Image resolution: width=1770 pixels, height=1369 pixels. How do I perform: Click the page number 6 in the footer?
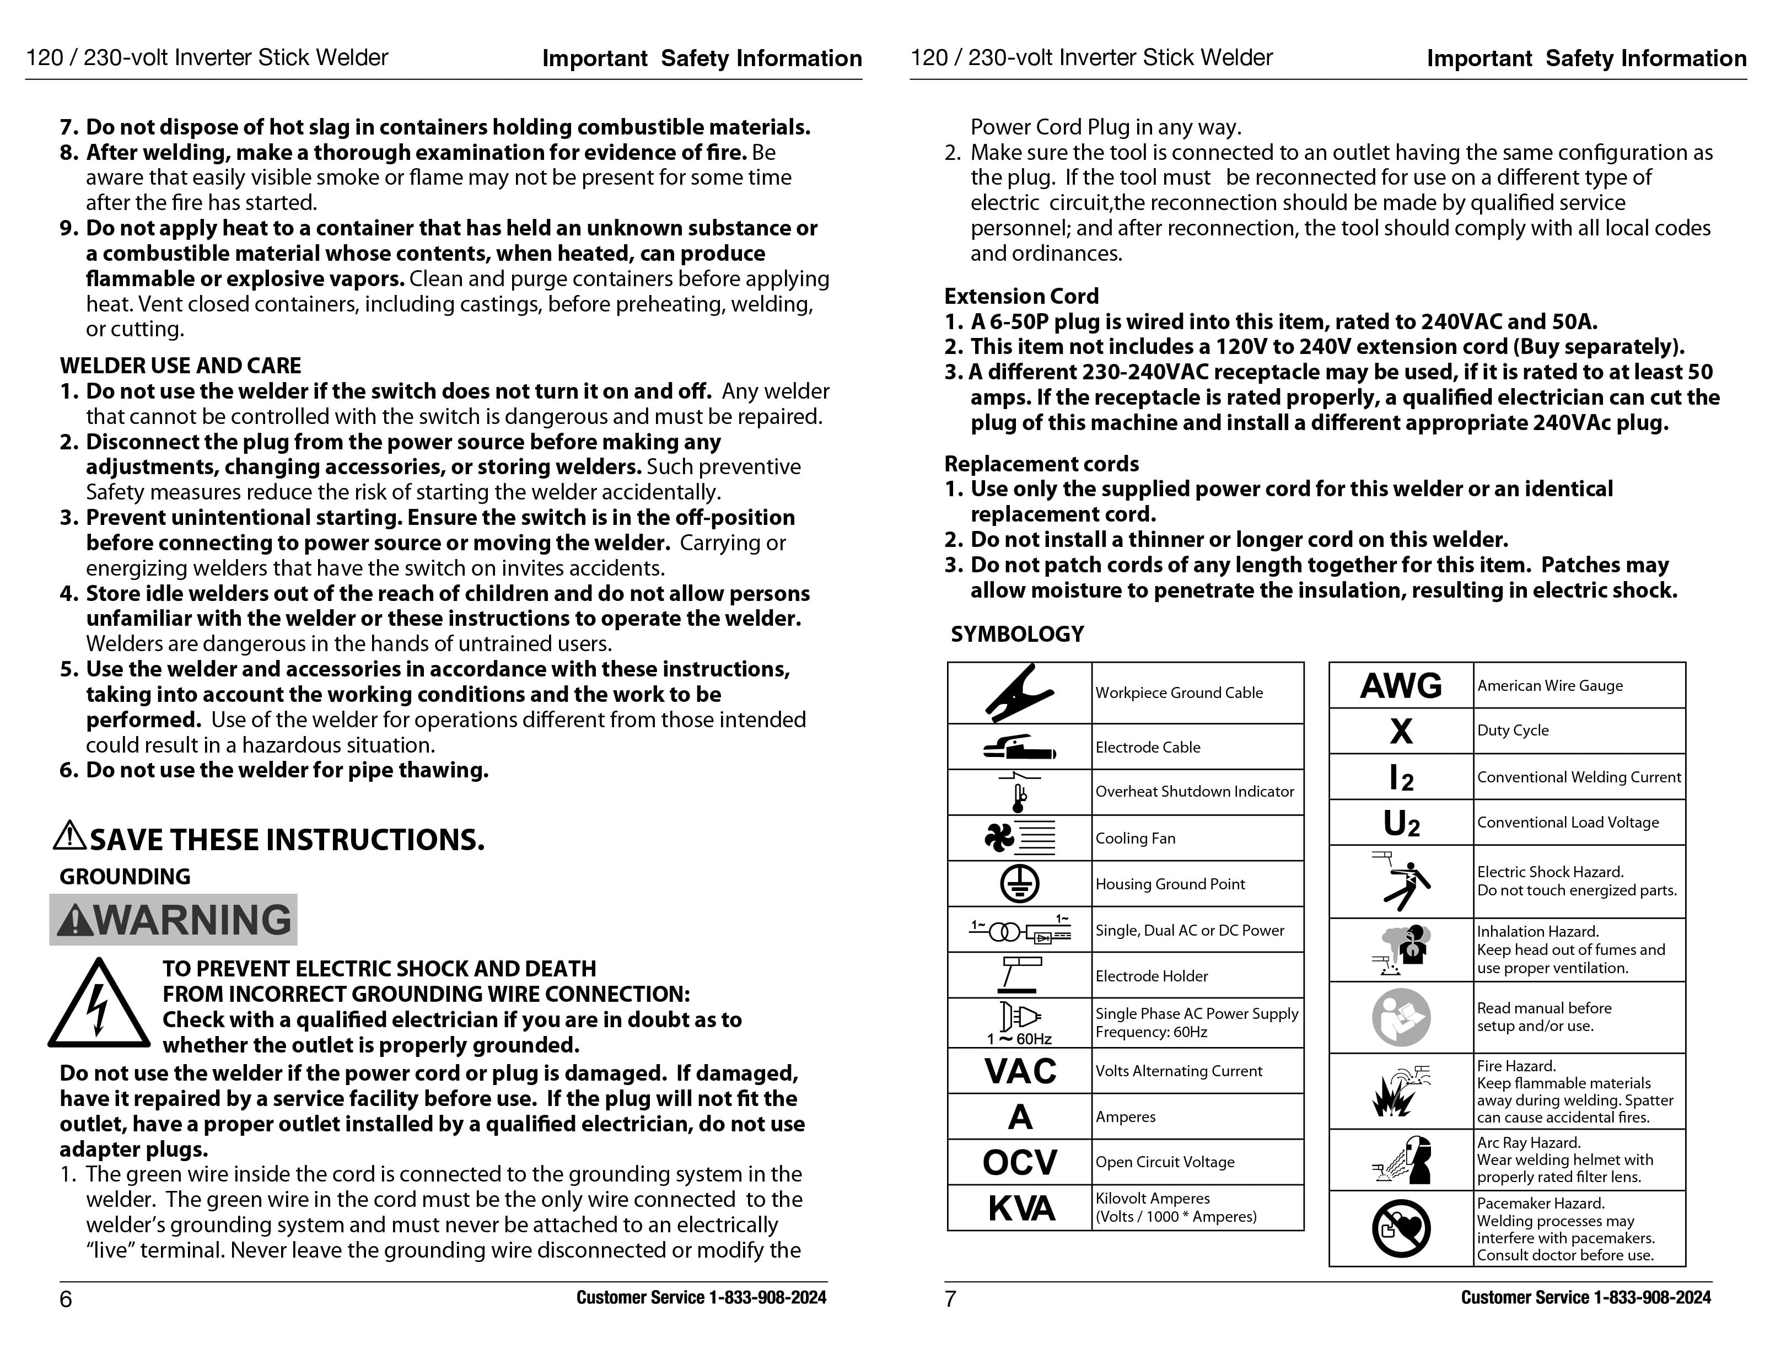click(x=66, y=1300)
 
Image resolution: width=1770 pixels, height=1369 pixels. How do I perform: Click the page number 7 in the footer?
click(x=951, y=1300)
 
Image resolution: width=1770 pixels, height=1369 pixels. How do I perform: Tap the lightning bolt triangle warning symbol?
click(x=98, y=1005)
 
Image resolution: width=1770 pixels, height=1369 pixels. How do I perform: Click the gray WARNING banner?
click(x=174, y=920)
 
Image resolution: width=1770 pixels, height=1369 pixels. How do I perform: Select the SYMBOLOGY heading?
click(x=1017, y=634)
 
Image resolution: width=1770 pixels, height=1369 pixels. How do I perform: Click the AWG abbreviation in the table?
click(x=1401, y=686)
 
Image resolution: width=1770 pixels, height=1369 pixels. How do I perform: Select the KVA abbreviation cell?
click(x=1020, y=1207)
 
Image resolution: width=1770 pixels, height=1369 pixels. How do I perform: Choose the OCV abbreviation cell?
click(x=1020, y=1162)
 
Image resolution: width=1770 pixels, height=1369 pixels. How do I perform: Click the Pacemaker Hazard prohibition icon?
click(x=1401, y=1229)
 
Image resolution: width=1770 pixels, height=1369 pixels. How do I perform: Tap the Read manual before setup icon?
click(x=1401, y=1017)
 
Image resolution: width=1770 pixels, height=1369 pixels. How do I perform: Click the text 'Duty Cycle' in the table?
click(x=1512, y=731)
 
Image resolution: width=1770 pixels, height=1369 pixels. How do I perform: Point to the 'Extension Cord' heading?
click(x=1021, y=296)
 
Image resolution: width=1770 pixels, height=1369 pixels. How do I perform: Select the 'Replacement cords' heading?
click(x=1041, y=464)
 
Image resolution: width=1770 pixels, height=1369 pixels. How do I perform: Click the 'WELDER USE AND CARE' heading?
click(x=180, y=366)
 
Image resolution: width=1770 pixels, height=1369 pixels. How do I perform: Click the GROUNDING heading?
click(x=125, y=876)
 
